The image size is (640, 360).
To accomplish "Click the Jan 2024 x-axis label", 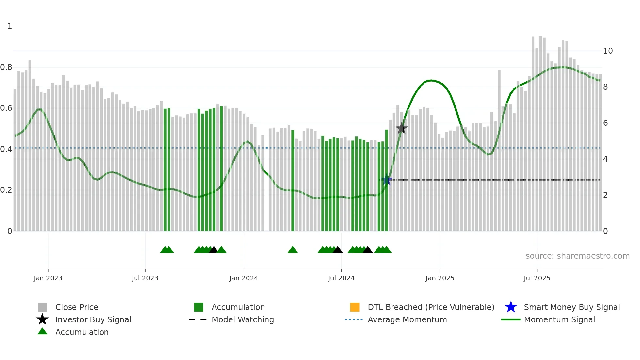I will point(244,278).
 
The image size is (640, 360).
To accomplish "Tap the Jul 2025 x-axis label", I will point(537,278).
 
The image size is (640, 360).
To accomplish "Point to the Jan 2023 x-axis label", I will point(48,278).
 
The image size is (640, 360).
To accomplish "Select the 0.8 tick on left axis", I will point(6,67).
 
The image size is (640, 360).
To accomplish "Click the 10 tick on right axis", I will point(608,51).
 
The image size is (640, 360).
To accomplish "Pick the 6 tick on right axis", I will point(605,123).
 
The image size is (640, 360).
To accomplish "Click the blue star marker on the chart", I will point(387,180).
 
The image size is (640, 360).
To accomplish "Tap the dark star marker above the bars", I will point(401,128).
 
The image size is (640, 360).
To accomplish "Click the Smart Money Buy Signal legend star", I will point(511,307).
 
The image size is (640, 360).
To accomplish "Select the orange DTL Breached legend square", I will point(355,307).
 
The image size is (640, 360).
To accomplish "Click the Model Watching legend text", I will point(243,319).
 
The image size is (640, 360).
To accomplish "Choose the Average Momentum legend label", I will point(407,319).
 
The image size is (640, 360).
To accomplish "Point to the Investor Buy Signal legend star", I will point(42,319).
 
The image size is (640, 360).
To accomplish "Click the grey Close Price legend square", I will point(42,307).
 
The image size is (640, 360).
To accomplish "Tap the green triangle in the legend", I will point(42,332).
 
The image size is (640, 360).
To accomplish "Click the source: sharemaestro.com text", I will point(577,256).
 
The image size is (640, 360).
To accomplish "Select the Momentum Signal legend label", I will point(559,319).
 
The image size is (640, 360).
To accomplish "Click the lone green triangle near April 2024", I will point(293,250).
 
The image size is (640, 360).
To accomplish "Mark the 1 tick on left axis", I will point(10,26).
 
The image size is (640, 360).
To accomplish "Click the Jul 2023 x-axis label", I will point(145,278).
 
